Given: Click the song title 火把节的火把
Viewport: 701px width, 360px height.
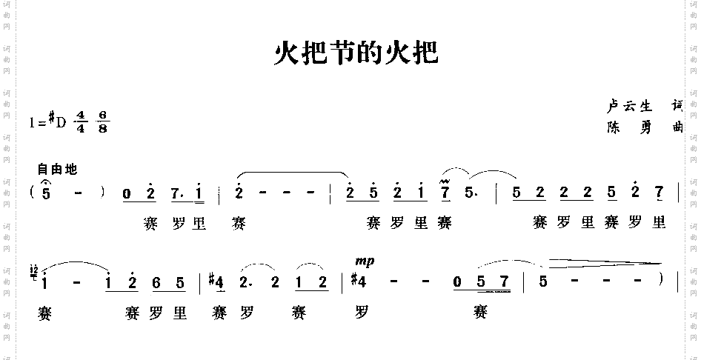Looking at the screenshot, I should click(356, 53).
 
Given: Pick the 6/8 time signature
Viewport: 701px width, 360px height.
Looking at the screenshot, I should click(102, 121).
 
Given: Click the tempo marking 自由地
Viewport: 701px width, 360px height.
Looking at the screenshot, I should click(56, 170).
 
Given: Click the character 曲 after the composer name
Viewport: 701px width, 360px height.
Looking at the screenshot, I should click(675, 127).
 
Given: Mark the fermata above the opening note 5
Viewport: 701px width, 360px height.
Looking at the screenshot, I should click(47, 183).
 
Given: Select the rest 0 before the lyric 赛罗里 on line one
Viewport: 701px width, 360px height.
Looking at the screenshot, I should click(127, 195).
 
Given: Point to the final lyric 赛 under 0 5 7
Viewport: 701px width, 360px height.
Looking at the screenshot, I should click(479, 313).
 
